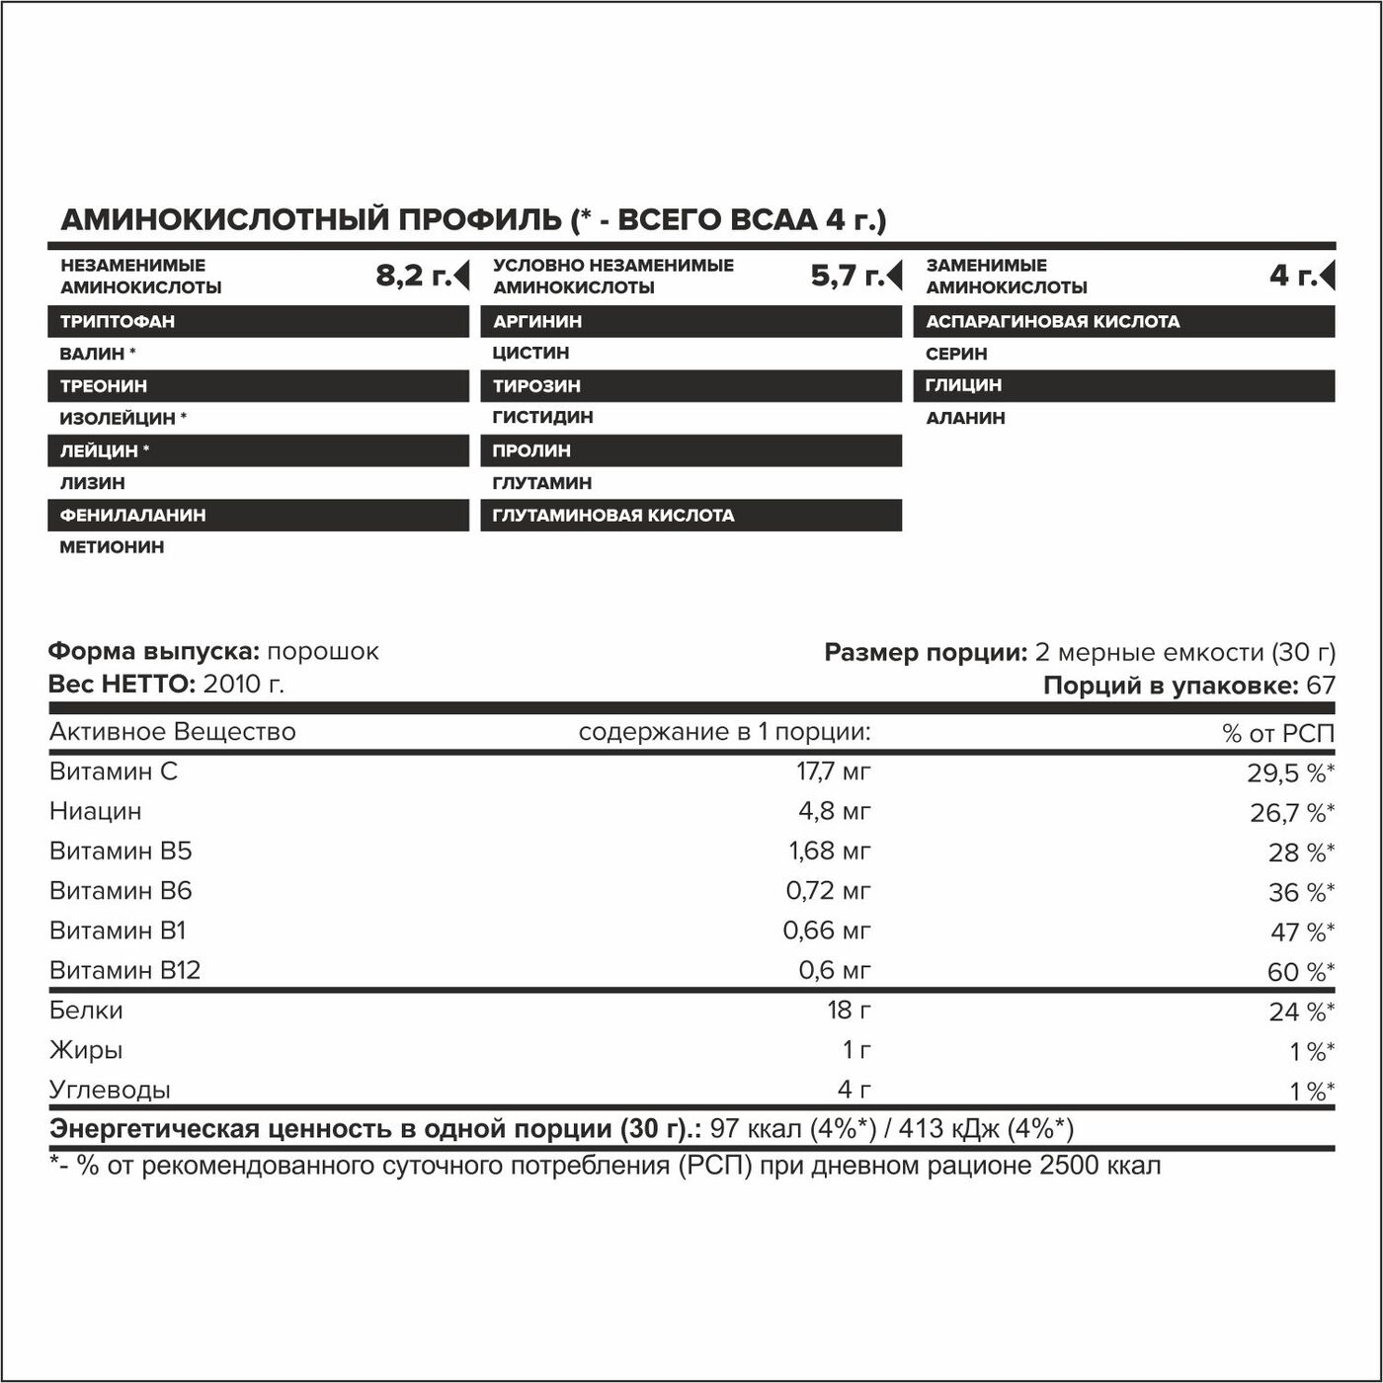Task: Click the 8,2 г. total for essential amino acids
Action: (x=413, y=276)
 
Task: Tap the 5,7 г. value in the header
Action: (x=847, y=276)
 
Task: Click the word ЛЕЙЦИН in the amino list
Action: (x=99, y=450)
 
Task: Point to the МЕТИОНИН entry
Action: (x=112, y=547)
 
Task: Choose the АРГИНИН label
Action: (x=537, y=321)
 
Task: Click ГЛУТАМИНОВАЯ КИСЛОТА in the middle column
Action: (x=613, y=515)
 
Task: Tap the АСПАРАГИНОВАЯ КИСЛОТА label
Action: (x=1052, y=321)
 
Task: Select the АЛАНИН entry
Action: (x=965, y=418)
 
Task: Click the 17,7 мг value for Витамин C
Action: (x=834, y=772)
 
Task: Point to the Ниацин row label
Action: (x=96, y=811)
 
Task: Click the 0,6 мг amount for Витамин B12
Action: (x=835, y=970)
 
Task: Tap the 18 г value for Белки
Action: (x=849, y=1010)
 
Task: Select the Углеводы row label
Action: (x=110, y=1090)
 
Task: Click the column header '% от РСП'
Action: (x=1278, y=733)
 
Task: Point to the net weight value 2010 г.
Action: (x=243, y=684)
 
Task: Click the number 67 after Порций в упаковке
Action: (x=1321, y=685)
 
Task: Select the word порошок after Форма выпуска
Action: (x=323, y=652)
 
